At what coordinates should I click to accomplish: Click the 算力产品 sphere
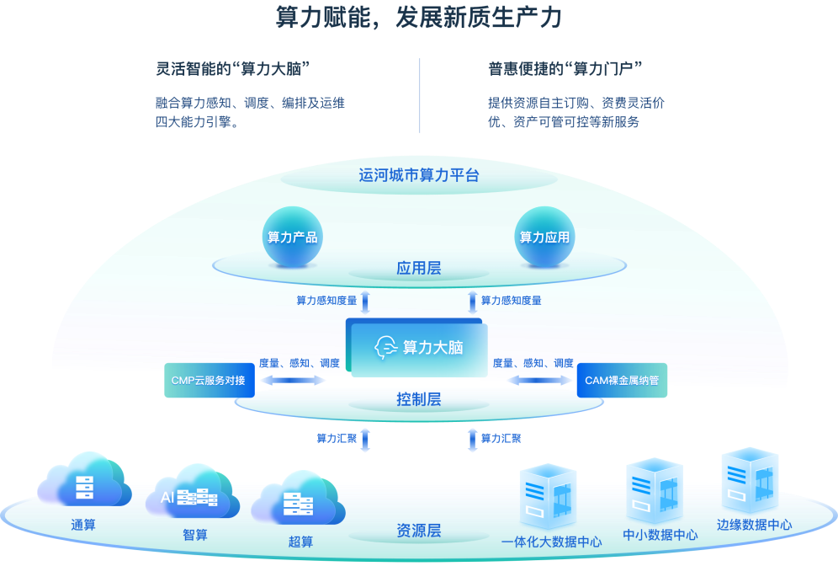tap(292, 237)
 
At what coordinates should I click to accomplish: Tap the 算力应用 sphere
tap(544, 237)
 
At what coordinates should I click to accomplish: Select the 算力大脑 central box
tap(417, 347)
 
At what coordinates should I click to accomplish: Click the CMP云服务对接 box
tap(209, 380)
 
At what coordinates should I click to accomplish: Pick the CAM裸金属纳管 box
tap(621, 380)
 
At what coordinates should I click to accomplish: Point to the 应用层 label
tap(418, 269)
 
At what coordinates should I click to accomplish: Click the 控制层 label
tap(418, 399)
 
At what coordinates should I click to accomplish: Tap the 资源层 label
tap(418, 531)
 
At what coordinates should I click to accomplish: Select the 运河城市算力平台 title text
tap(418, 175)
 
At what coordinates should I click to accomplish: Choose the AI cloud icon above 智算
tap(190, 494)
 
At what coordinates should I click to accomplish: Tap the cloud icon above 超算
tap(299, 500)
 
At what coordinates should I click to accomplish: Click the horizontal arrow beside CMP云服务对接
tap(293, 381)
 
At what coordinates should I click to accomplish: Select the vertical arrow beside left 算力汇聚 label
tap(365, 440)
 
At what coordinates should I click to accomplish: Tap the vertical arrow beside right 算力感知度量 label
tap(472, 302)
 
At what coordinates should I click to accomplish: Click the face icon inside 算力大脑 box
tap(386, 347)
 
